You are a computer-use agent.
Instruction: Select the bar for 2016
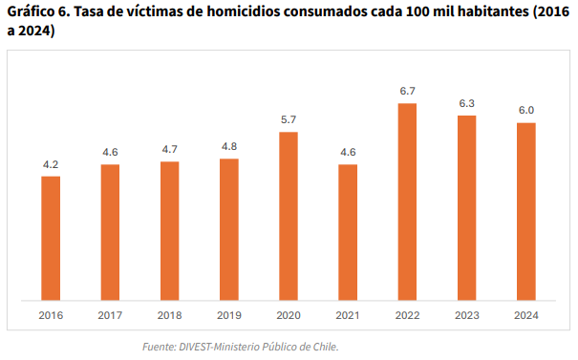51,238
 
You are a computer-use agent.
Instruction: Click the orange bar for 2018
169,230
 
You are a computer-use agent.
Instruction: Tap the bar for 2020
289,216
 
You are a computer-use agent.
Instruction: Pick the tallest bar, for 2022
407,201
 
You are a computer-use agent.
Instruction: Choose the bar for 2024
525,211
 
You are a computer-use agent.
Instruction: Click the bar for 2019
228,229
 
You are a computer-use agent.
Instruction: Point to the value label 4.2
51,165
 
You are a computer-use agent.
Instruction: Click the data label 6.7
407,91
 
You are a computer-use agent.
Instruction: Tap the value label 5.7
289,120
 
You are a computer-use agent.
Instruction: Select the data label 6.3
466,103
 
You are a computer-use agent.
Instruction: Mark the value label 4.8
228,147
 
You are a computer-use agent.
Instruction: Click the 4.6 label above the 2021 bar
348,153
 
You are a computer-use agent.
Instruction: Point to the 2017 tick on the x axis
110,316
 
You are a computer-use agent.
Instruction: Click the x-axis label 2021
348,316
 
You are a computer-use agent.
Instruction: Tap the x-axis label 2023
466,316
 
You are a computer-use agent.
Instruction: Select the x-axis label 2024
525,316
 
